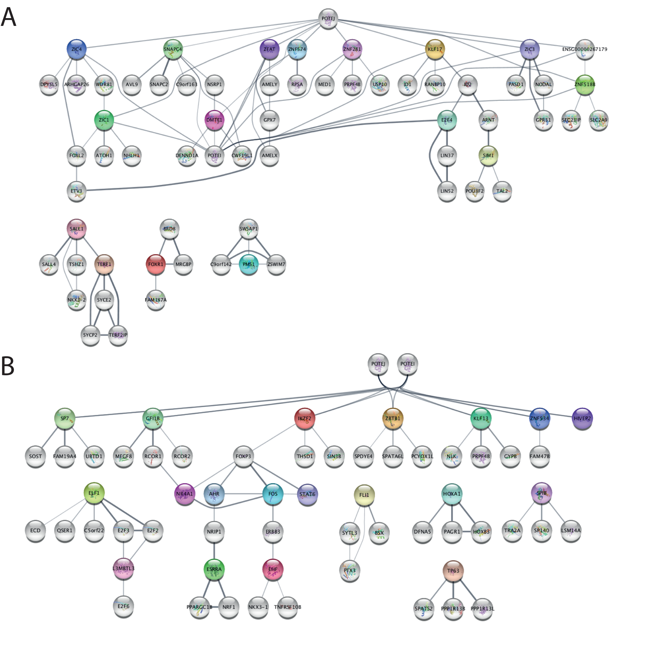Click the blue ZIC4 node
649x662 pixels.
[x=76, y=49]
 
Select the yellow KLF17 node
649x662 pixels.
[x=435, y=49]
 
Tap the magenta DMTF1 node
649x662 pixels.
[x=214, y=120]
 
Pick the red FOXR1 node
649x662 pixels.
[x=155, y=264]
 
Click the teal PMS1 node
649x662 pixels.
[x=248, y=264]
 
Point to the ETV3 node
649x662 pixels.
[x=76, y=191]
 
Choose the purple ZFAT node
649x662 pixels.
[x=269, y=49]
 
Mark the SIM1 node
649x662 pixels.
[x=488, y=155]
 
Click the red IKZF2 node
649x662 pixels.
[x=304, y=418]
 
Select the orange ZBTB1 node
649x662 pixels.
[x=393, y=418]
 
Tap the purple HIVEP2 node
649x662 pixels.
[x=582, y=418]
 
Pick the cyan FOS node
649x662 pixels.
[x=273, y=494]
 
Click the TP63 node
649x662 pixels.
[x=453, y=571]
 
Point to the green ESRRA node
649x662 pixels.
[x=214, y=569]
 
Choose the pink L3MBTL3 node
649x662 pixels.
[x=123, y=568]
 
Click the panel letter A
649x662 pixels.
[x=9, y=17]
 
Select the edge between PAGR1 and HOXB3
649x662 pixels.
[x=467, y=531]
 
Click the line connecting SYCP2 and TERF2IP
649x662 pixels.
[x=104, y=335]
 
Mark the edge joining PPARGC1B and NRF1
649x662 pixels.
[x=214, y=607]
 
